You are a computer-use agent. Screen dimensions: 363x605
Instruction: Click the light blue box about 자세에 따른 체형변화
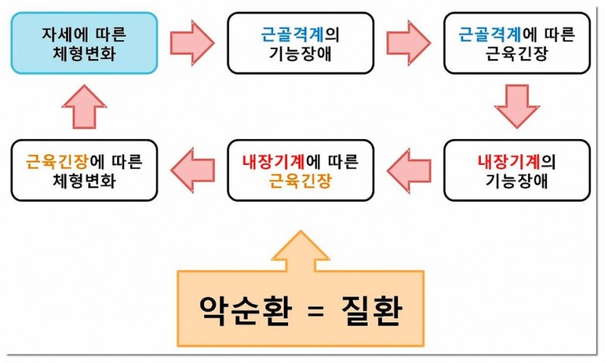[84, 43]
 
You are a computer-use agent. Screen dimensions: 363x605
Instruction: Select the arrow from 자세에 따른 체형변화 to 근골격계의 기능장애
[192, 42]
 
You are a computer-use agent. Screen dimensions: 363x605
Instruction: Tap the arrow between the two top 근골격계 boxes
[408, 42]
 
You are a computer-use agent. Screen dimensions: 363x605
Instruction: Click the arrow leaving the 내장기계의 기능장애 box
[408, 169]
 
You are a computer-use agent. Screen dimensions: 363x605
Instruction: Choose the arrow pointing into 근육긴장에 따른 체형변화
[192, 169]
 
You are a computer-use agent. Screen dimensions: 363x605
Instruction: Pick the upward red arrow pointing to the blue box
[84, 106]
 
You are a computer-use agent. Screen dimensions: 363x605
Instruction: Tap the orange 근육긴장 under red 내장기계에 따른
[300, 181]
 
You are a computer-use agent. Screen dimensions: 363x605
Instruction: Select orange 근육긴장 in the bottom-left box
[57, 161]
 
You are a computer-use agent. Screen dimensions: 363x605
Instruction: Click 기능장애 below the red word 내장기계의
[517, 181]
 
